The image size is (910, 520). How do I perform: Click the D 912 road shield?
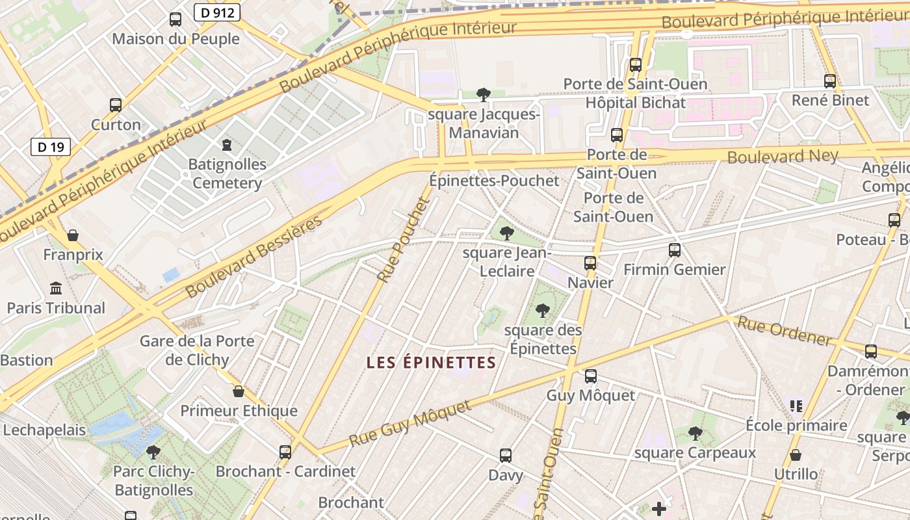[x=217, y=12]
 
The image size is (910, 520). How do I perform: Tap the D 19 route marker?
[x=51, y=147]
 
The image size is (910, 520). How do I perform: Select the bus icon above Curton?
[x=116, y=105]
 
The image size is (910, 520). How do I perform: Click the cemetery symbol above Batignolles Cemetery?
[x=227, y=144]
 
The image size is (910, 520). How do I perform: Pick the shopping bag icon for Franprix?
[x=73, y=235]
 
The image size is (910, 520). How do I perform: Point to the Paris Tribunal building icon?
[x=56, y=288]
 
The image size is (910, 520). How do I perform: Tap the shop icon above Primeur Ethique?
[x=239, y=391]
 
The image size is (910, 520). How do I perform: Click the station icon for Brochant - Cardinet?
[x=285, y=452]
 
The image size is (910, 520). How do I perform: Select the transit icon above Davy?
[x=506, y=456]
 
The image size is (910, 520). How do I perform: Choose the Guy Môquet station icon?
[x=590, y=376]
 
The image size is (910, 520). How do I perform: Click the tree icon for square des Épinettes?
[x=543, y=311]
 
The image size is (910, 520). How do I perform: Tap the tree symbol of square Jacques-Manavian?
[x=483, y=95]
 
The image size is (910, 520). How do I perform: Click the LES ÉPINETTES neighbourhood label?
[x=431, y=363]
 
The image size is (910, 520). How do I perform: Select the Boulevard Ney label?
[x=783, y=156]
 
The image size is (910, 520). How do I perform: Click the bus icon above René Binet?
[x=830, y=81]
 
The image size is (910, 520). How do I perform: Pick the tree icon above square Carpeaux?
[x=695, y=433]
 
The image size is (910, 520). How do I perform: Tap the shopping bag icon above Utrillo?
[x=796, y=455]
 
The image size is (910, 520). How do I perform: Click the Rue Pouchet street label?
[x=404, y=240]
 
